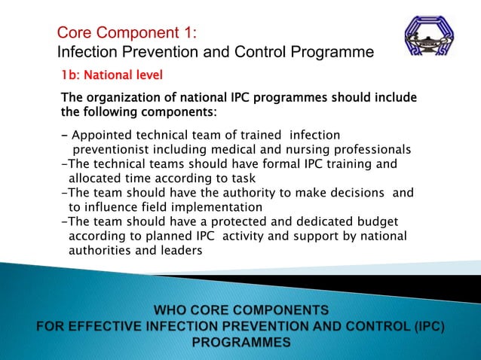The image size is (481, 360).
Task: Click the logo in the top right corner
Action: point(429,41)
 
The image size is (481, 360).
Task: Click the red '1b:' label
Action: point(72,76)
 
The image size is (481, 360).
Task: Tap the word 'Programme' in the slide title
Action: point(332,52)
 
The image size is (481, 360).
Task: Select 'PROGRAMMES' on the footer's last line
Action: point(240,342)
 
